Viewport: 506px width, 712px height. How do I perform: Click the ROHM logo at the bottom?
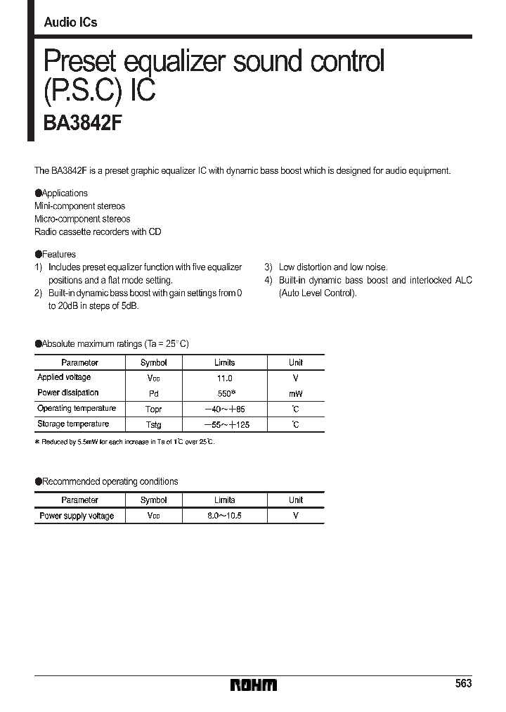click(254, 685)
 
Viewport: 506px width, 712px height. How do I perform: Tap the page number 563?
click(463, 684)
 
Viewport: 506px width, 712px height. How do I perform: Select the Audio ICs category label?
click(70, 23)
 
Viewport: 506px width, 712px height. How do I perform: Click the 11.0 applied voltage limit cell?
click(224, 379)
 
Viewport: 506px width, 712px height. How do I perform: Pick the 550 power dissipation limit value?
click(224, 393)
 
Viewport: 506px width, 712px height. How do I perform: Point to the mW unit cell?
click(295, 394)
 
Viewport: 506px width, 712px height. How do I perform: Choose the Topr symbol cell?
click(153, 409)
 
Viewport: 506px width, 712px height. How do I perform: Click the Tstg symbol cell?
click(153, 425)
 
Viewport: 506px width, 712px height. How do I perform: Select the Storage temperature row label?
click(73, 424)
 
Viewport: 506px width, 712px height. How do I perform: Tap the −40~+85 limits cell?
click(224, 409)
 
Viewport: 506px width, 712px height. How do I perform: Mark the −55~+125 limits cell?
click(224, 425)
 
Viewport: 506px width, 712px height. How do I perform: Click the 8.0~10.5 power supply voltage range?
click(224, 516)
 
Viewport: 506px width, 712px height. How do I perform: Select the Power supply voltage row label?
click(77, 516)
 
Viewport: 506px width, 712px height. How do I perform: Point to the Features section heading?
click(56, 254)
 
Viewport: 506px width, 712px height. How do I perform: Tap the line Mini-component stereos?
click(80, 206)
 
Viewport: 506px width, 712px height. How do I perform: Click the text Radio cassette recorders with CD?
click(98, 231)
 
